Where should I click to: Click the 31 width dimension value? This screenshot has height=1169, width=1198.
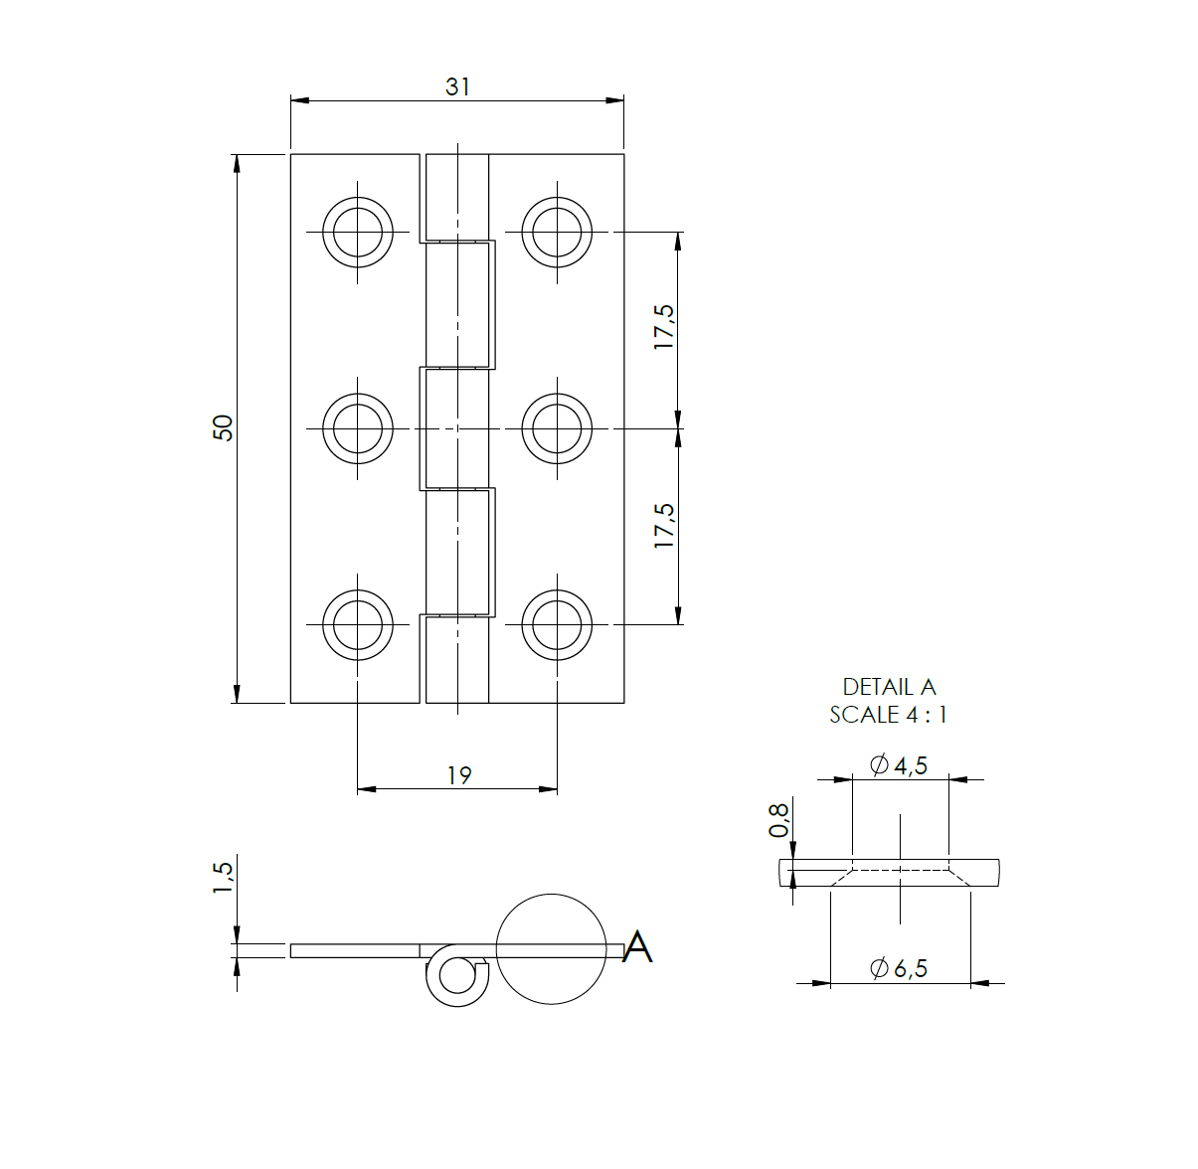click(x=457, y=87)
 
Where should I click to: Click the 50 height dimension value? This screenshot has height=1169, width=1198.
click(x=223, y=428)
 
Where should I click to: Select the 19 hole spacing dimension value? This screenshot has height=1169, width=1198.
click(x=458, y=775)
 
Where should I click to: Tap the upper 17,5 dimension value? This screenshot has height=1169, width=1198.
click(x=664, y=326)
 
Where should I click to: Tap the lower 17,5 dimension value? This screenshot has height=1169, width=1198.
click(x=664, y=525)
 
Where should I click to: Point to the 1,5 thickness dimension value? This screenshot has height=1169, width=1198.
click(x=223, y=877)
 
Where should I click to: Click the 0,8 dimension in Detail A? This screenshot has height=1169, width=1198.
click(x=778, y=820)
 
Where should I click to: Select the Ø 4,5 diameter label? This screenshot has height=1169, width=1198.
click(x=899, y=765)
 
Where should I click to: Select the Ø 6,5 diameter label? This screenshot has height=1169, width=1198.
click(x=899, y=968)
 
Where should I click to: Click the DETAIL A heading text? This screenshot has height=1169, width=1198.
click(x=889, y=687)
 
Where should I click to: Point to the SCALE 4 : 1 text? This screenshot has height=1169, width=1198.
click(x=888, y=715)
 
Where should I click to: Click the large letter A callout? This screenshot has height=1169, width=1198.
click(x=637, y=947)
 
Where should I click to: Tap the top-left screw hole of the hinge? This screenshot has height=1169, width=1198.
click(x=358, y=232)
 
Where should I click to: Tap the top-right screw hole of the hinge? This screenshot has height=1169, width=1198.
click(x=557, y=232)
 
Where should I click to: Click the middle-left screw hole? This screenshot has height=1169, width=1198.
click(x=358, y=428)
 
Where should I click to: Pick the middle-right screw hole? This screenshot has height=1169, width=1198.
click(x=557, y=428)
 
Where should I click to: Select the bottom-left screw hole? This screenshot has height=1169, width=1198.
click(x=358, y=625)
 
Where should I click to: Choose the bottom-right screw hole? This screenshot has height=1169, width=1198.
click(x=557, y=625)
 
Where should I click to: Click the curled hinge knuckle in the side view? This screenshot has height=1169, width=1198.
click(x=458, y=978)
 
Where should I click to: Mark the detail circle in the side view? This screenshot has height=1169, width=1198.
click(x=551, y=948)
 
